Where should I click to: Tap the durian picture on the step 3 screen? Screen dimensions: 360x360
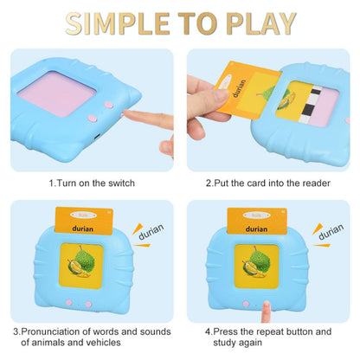coord(84,270)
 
